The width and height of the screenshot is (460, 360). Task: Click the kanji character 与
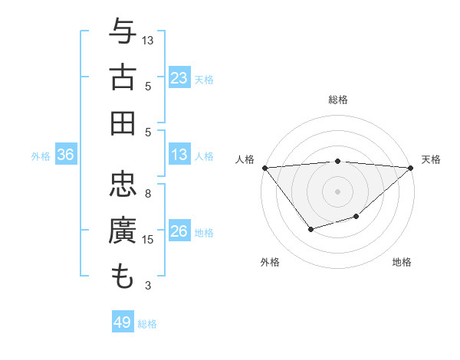(123, 33)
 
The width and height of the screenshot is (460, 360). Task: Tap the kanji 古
(123, 78)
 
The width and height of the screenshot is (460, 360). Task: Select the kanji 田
(123, 123)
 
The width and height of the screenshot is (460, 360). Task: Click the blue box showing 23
(179, 78)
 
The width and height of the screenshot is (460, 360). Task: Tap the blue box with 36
(66, 155)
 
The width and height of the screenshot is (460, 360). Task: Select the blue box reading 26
(179, 232)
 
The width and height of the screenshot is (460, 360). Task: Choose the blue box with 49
(123, 323)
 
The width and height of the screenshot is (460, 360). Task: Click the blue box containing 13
(179, 155)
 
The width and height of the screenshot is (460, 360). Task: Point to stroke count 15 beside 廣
(148, 240)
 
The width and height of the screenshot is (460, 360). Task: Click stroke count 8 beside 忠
(148, 194)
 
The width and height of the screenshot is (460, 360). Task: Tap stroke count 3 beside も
(148, 286)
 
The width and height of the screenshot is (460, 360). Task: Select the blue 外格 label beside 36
(41, 156)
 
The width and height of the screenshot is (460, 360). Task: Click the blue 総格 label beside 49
(147, 324)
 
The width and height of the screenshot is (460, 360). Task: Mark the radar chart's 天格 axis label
(431, 159)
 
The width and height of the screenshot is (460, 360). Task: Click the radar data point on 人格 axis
(264, 168)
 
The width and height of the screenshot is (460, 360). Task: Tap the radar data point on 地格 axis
(356, 217)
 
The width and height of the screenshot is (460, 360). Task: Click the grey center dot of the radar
(337, 191)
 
